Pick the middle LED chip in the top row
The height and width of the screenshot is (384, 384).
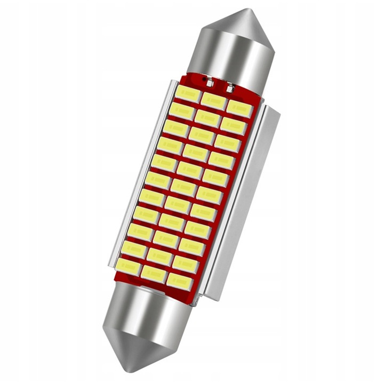click(214, 99)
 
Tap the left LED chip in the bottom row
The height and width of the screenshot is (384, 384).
click(129, 265)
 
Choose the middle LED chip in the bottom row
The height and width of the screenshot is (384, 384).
click(153, 272)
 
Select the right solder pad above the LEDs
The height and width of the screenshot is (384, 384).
click(230, 87)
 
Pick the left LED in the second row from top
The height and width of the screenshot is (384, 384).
click(182, 110)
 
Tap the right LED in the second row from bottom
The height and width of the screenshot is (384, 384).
click(185, 262)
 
